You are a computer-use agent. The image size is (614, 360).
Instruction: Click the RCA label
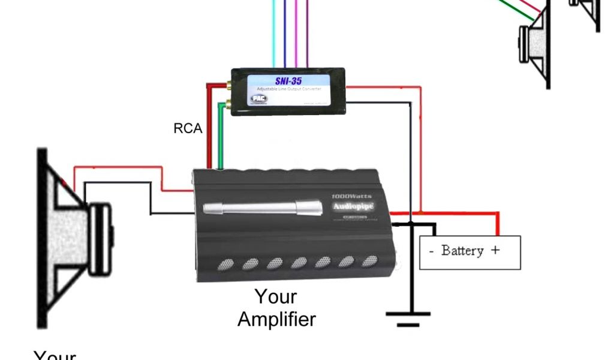coord(188,128)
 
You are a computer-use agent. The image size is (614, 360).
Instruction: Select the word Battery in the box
coord(462,250)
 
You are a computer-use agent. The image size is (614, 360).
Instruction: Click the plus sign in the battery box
coord(495,250)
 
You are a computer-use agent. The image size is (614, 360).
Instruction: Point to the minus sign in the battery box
coord(431,250)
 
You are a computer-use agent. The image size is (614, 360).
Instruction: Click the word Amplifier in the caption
coord(276,319)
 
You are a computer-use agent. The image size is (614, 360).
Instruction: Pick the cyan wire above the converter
coord(274,36)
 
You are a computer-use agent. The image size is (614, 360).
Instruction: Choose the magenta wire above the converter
coord(306,36)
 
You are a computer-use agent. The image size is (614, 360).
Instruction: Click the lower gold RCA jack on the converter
coord(228,106)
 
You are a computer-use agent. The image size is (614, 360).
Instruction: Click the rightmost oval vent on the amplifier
coord(370,261)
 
